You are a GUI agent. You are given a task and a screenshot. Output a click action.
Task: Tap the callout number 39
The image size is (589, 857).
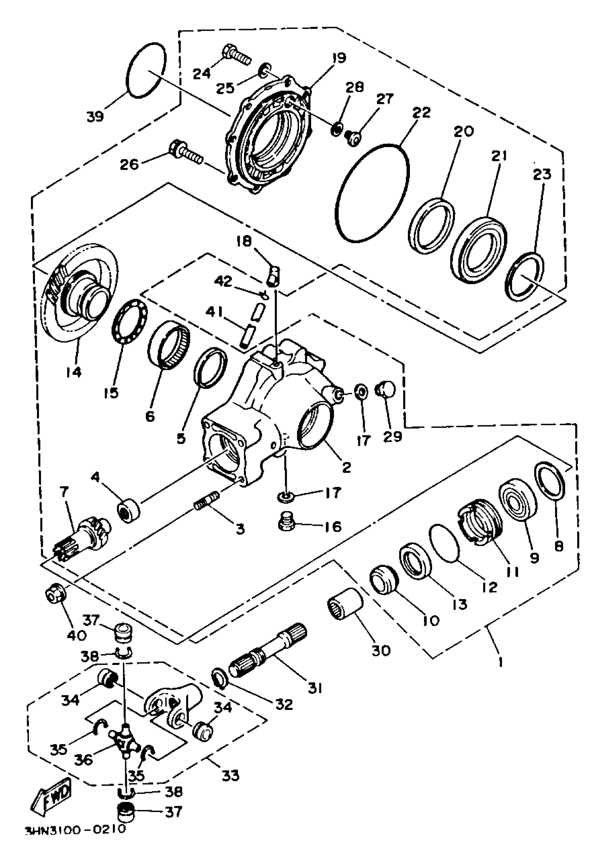click(96, 117)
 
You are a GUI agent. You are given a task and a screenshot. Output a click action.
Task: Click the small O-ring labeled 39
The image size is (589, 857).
click(146, 70)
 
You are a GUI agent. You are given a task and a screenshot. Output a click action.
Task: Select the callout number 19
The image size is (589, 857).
click(339, 58)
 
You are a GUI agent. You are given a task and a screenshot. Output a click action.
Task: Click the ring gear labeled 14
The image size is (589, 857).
click(79, 291)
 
